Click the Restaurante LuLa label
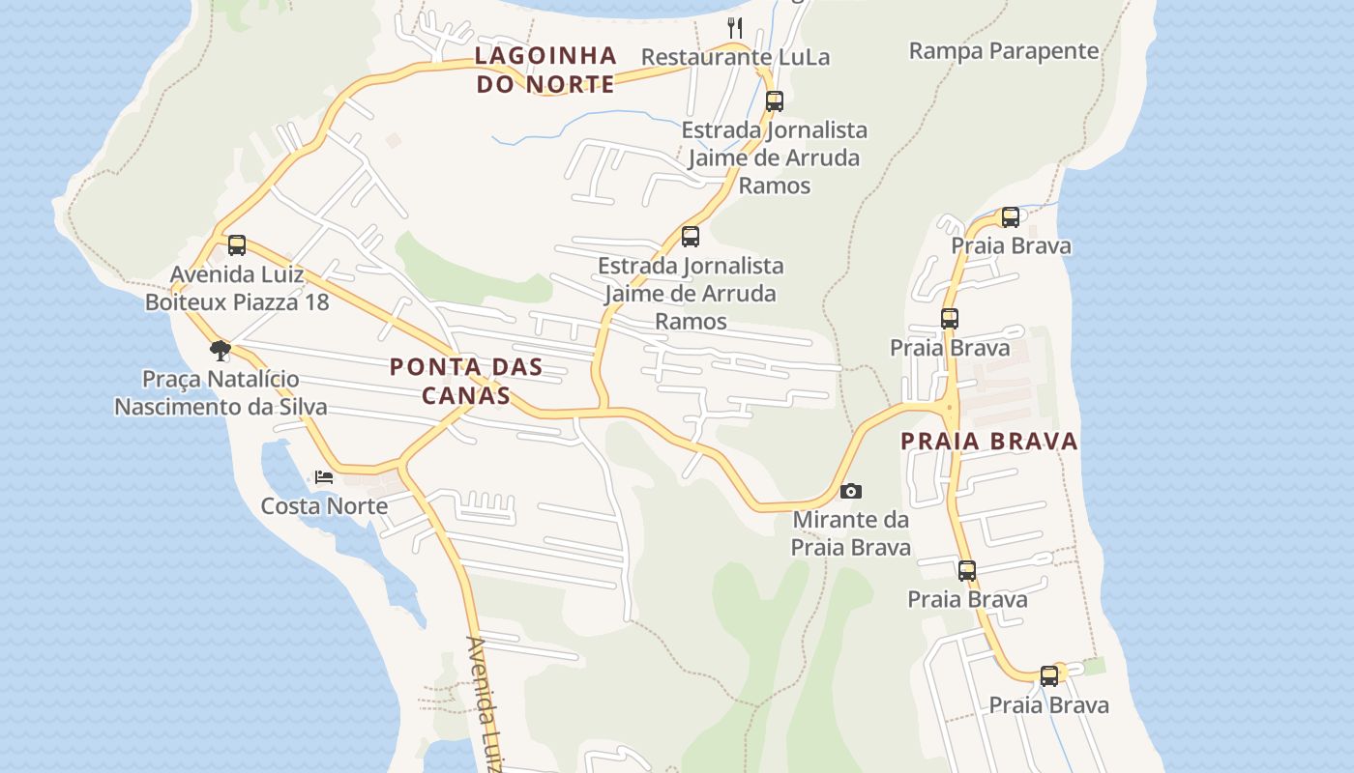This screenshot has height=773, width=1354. (735, 57)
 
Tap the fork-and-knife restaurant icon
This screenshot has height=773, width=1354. (735, 28)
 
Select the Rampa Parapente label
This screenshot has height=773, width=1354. (1004, 51)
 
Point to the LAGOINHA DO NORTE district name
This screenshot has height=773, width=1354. (545, 70)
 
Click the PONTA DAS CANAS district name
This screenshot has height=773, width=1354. (466, 381)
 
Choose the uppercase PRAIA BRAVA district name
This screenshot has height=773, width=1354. (989, 442)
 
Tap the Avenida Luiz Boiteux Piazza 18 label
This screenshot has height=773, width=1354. (237, 288)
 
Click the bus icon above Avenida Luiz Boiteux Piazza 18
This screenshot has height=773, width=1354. (237, 245)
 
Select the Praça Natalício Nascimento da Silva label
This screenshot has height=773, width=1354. (221, 392)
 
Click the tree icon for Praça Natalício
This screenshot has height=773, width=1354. (221, 350)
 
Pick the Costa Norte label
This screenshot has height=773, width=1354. (324, 505)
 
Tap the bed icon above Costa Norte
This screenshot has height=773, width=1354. (324, 477)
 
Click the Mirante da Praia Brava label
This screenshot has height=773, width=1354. (851, 533)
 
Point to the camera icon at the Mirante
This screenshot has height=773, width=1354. (851, 492)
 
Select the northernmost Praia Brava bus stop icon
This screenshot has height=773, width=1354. (1011, 217)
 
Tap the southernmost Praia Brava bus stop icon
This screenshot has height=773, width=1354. (1049, 676)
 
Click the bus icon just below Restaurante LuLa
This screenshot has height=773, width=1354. (774, 101)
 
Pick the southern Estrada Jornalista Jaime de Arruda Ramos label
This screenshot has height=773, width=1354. (691, 293)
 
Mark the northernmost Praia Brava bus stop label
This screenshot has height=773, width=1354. (1011, 245)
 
